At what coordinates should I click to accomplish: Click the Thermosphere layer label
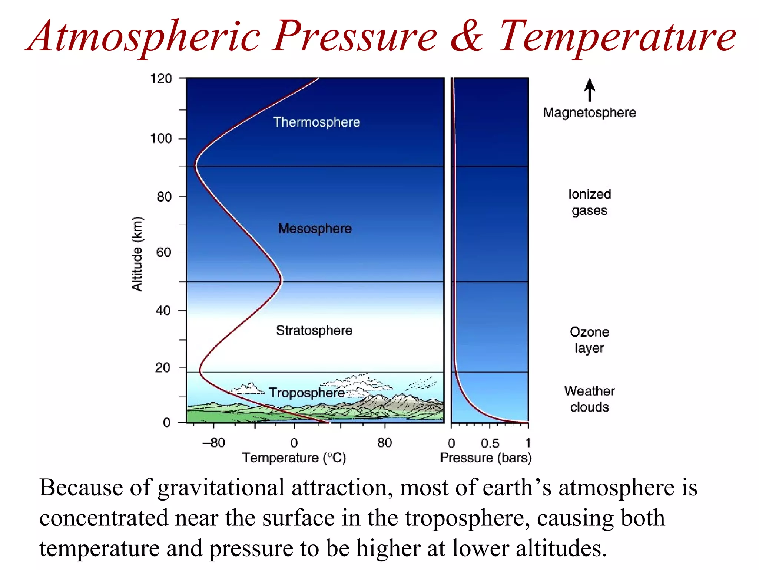316,122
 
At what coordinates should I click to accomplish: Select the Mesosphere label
315,228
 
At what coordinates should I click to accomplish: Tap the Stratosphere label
314,330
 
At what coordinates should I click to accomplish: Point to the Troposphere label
306,393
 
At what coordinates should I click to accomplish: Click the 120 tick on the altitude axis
161,79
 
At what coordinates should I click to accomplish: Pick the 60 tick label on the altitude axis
163,253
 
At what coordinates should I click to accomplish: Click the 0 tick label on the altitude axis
167,423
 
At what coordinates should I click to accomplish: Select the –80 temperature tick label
214,443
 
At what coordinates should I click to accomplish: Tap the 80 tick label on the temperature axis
384,443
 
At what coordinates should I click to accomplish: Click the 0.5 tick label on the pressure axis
490,443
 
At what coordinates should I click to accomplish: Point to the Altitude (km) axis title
137,254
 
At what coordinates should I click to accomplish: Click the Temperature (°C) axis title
294,458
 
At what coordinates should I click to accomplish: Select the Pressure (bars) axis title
485,458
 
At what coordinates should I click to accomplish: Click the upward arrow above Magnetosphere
590,89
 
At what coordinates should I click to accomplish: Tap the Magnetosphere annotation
589,112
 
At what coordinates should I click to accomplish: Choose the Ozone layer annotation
589,340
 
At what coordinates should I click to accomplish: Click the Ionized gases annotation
589,202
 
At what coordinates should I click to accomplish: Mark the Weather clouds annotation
589,399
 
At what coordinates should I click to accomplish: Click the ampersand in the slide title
468,36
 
